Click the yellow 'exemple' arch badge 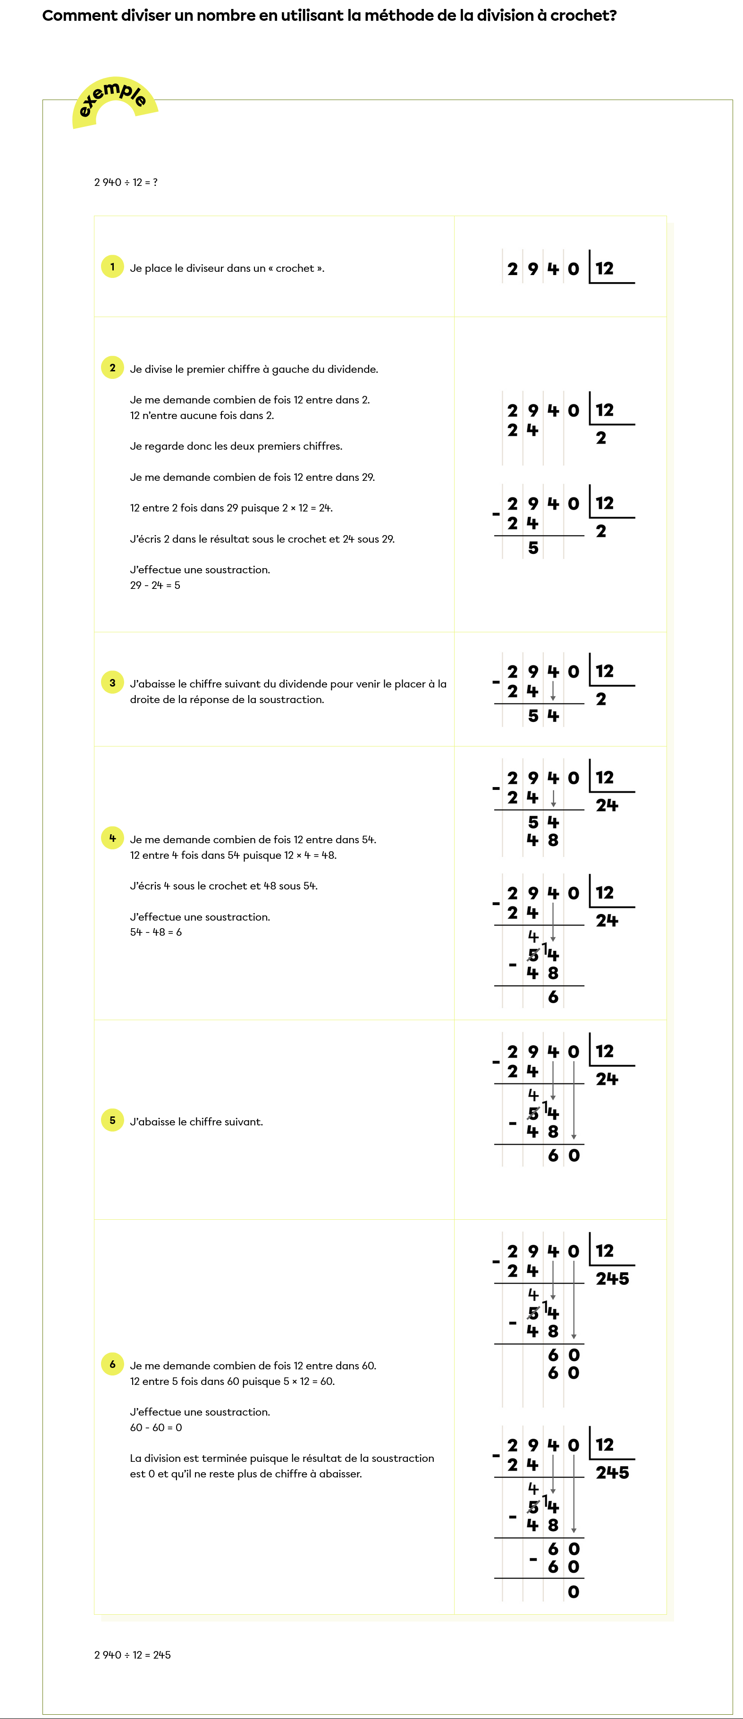pos(114,100)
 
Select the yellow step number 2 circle pos(112,367)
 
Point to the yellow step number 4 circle pos(112,838)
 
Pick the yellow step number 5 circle pos(112,1120)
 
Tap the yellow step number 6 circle pos(112,1364)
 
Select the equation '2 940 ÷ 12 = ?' pos(126,182)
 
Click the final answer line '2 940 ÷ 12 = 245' pos(132,1654)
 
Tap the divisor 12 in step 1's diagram pos(604,268)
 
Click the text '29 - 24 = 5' pos(155,585)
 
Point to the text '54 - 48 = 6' pos(156,932)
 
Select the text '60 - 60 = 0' pos(156,1427)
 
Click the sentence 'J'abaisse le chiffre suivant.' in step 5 pos(196,1122)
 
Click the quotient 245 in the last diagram pos(612,1472)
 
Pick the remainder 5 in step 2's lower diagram pos(533,548)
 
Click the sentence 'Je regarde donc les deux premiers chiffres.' pos(236,446)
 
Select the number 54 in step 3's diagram pos(543,716)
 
